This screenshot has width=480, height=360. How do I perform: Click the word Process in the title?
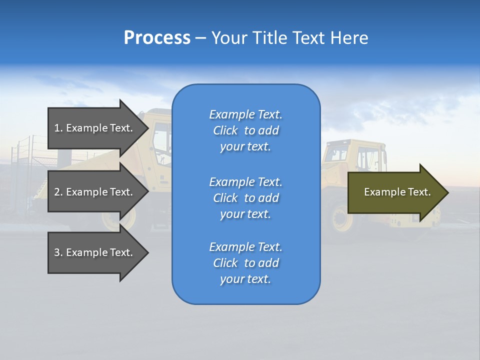coord(157,38)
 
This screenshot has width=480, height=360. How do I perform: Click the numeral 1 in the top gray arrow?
coord(56,128)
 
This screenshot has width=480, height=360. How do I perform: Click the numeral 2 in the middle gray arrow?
coord(57,192)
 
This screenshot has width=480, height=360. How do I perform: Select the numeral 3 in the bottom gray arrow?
coord(57,252)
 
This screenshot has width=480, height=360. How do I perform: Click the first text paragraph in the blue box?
coord(245,130)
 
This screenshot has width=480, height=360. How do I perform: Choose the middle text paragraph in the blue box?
coord(245,198)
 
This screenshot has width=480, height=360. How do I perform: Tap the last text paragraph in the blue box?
coord(245,263)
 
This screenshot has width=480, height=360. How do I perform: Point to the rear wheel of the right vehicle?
coord(341,220)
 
